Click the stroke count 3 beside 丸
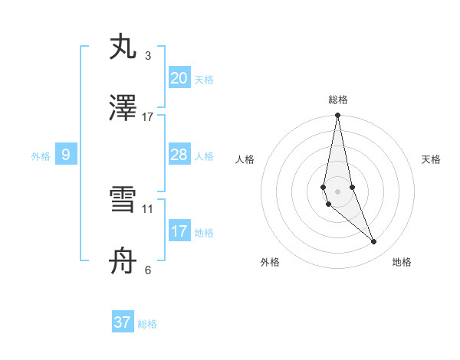(x=148, y=55)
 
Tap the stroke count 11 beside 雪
(x=148, y=208)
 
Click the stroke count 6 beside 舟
(x=148, y=270)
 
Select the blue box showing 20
(x=179, y=77)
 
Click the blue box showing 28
(x=179, y=155)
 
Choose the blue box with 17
(x=179, y=231)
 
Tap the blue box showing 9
(x=66, y=155)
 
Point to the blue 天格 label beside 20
(x=204, y=79)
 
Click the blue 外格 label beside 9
(x=41, y=156)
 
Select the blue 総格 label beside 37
(x=147, y=324)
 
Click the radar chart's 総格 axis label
(x=338, y=100)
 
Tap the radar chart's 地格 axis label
(x=402, y=262)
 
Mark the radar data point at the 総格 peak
(x=337, y=116)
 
